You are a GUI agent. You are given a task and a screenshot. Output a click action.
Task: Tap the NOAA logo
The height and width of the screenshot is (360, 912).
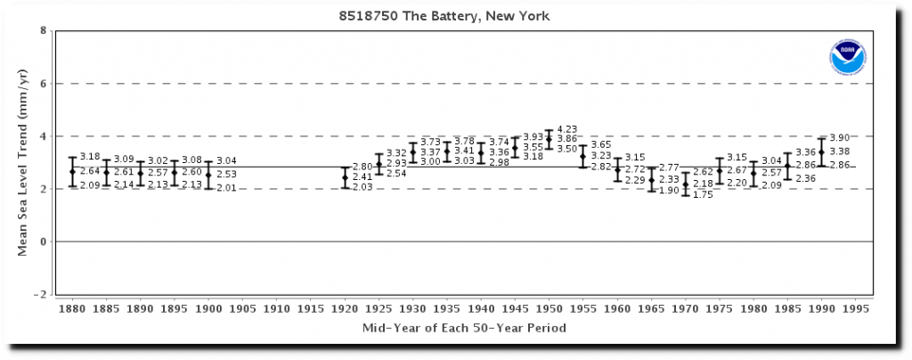pyautogui.click(x=846, y=57)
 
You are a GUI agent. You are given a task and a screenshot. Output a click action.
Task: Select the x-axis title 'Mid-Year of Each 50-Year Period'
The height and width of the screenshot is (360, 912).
pyautogui.click(x=463, y=328)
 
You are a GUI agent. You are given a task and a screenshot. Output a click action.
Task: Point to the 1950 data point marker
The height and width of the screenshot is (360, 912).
pyautogui.click(x=549, y=139)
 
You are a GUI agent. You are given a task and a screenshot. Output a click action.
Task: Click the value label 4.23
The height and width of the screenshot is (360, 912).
pyautogui.click(x=566, y=128)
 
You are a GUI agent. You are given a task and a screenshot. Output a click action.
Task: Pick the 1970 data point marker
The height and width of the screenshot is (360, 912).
pyautogui.click(x=685, y=184)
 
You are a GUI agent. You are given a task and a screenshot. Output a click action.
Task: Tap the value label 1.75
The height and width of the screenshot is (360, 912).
pyautogui.click(x=703, y=195)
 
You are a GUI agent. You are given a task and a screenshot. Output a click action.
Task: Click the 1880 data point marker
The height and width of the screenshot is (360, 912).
pyautogui.click(x=72, y=171)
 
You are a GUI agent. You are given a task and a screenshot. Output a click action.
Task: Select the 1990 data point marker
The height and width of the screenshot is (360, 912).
pyautogui.click(x=821, y=151)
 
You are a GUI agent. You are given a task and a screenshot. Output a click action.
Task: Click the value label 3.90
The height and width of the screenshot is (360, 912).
pyautogui.click(x=839, y=138)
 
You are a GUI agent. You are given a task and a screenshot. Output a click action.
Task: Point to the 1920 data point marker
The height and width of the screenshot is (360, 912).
pyautogui.click(x=345, y=177)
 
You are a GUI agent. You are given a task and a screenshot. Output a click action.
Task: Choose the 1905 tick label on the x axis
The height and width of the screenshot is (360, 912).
pyautogui.click(x=242, y=307)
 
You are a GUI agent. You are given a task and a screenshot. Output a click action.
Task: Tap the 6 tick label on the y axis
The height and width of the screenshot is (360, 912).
pyautogui.click(x=43, y=84)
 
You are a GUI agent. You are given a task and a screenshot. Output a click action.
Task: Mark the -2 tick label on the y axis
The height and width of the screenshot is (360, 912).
pyautogui.click(x=40, y=295)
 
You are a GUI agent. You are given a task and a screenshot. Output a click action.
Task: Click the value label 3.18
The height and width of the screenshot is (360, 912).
pyautogui.click(x=90, y=157)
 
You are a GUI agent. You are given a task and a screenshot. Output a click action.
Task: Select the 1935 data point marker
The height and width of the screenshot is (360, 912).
pyautogui.click(x=447, y=151)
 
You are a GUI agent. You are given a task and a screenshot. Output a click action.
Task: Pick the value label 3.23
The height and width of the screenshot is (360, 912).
pyautogui.click(x=601, y=155)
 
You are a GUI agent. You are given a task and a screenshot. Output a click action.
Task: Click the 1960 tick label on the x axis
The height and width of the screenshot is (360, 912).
pyautogui.click(x=617, y=307)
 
